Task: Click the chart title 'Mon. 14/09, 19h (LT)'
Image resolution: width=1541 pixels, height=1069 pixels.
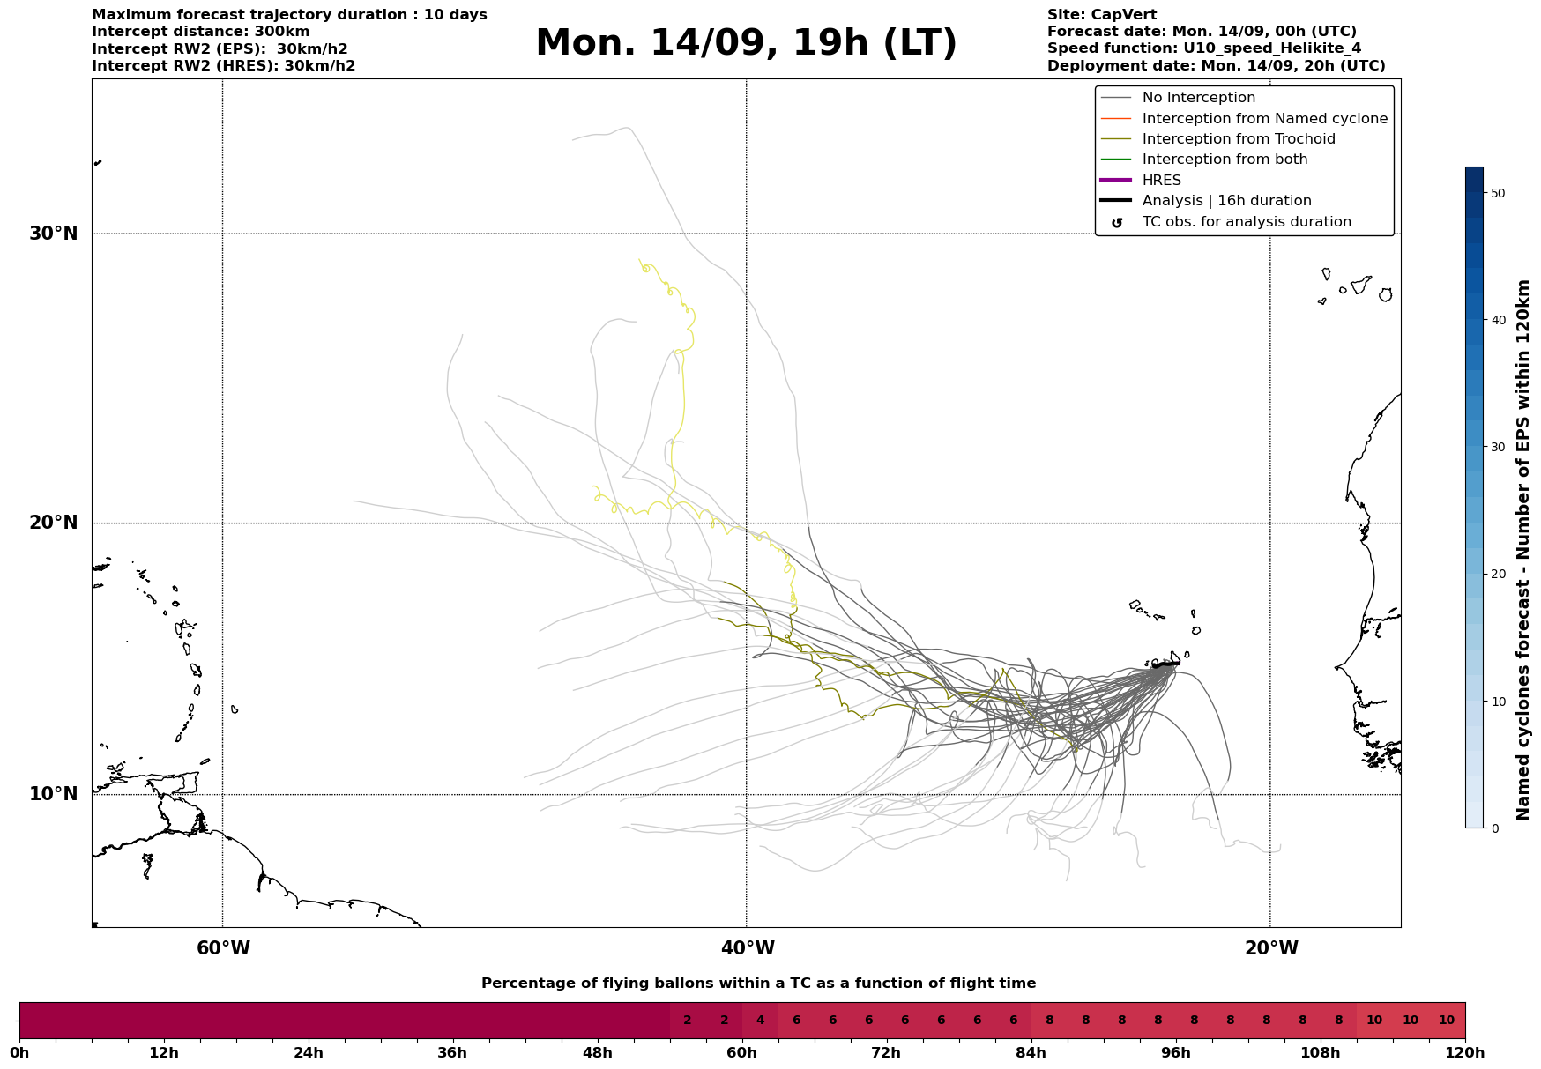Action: click(x=746, y=43)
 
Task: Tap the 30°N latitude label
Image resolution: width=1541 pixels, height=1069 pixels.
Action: click(x=54, y=234)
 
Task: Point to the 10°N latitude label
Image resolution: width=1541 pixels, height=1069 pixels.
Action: click(x=54, y=794)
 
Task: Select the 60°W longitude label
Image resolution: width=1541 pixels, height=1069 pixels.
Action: click(x=223, y=948)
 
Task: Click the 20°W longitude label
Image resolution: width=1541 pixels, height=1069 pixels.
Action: click(x=1270, y=948)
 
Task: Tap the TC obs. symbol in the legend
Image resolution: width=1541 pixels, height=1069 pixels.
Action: click(x=1117, y=222)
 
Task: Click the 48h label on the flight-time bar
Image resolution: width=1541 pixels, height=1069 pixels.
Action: click(x=597, y=1052)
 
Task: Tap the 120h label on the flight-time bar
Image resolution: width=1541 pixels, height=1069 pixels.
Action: click(x=1465, y=1052)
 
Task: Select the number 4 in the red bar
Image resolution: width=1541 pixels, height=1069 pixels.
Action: click(x=760, y=1021)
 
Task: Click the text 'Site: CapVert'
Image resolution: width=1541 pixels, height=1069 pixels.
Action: click(x=1102, y=15)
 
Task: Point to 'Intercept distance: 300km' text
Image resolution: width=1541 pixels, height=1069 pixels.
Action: click(x=201, y=32)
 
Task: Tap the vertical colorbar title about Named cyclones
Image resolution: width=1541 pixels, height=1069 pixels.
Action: click(x=1522, y=550)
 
